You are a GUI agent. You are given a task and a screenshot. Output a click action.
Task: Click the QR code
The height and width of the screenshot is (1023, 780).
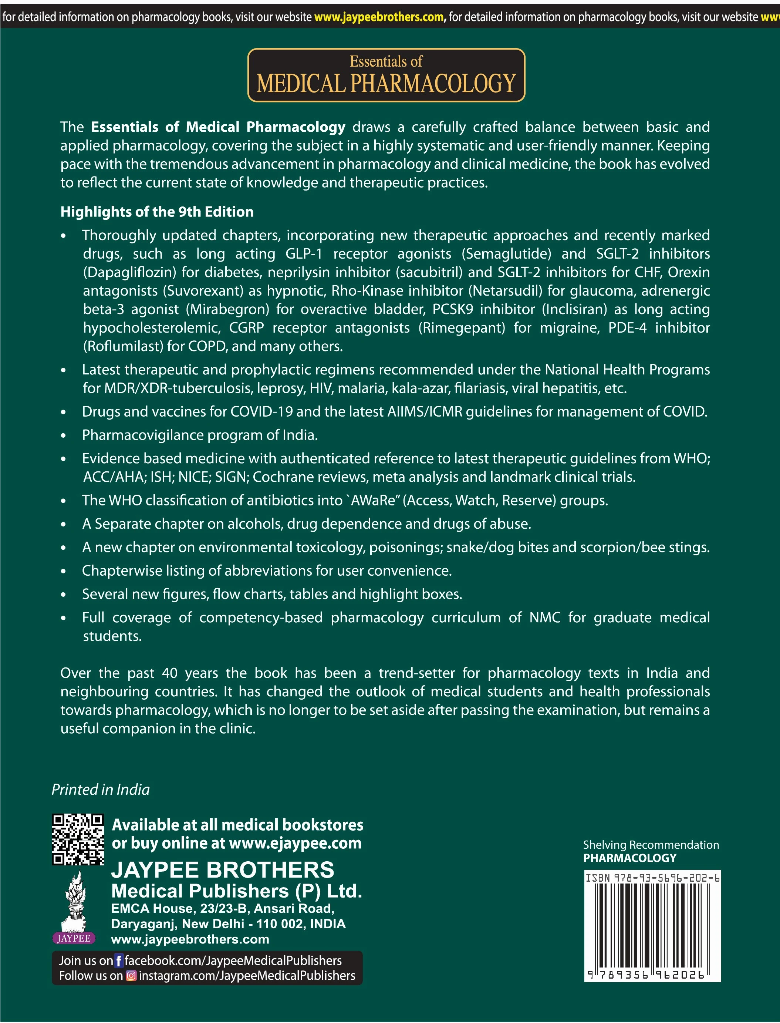(78, 839)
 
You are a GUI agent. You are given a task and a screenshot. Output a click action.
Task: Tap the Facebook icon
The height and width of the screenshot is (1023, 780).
(119, 960)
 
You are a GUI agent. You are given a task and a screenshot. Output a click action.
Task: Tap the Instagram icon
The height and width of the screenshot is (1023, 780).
(131, 976)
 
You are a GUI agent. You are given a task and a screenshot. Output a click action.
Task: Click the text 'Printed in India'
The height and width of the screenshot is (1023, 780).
(101, 790)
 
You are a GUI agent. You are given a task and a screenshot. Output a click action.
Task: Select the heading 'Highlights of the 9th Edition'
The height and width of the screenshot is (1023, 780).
(157, 212)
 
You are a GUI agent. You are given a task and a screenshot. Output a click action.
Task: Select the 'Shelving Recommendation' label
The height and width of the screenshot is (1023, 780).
(651, 845)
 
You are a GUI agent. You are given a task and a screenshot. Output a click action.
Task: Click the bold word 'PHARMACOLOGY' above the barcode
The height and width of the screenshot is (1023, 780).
(629, 858)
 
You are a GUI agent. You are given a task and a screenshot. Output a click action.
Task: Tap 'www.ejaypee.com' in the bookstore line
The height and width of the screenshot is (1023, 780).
(295, 843)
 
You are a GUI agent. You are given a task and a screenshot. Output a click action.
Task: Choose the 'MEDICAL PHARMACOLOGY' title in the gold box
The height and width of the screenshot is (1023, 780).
(386, 84)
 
